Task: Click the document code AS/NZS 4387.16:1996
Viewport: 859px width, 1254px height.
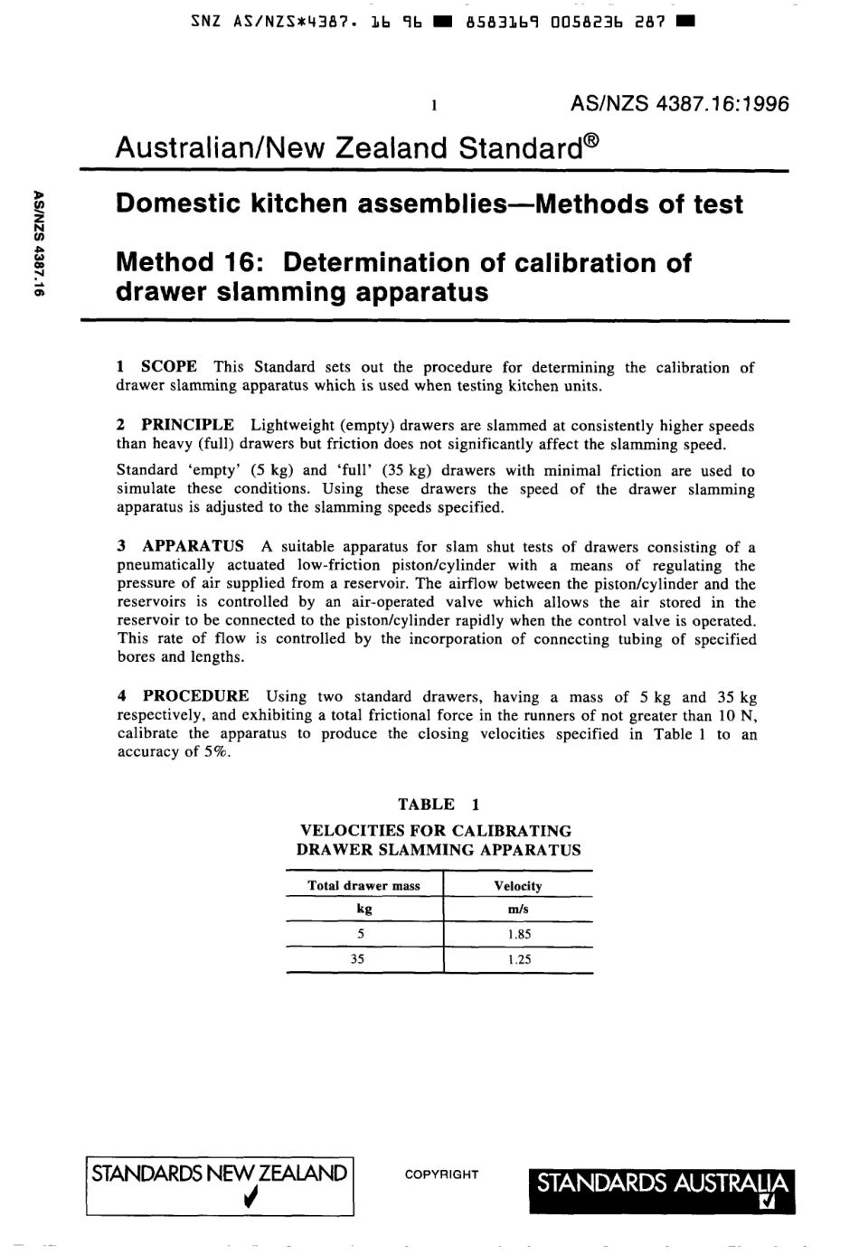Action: point(680,104)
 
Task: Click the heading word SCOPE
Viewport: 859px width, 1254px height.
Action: point(169,366)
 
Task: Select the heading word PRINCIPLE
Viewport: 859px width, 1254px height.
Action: point(188,425)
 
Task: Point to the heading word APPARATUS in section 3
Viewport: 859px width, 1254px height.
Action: point(194,546)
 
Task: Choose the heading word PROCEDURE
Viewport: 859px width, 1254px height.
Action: point(196,696)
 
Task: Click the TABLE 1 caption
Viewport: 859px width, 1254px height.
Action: point(439,804)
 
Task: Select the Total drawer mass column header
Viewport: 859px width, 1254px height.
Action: point(363,886)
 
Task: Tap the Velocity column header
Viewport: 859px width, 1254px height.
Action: point(518,886)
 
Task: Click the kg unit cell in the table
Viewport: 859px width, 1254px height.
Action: point(363,910)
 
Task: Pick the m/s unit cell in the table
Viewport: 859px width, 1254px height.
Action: point(518,910)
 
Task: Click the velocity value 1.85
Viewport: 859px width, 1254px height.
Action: point(519,935)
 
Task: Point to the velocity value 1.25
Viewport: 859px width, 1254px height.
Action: point(519,959)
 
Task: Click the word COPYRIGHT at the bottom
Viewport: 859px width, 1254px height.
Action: point(441,1174)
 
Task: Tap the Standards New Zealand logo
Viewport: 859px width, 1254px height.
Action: point(219,1185)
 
